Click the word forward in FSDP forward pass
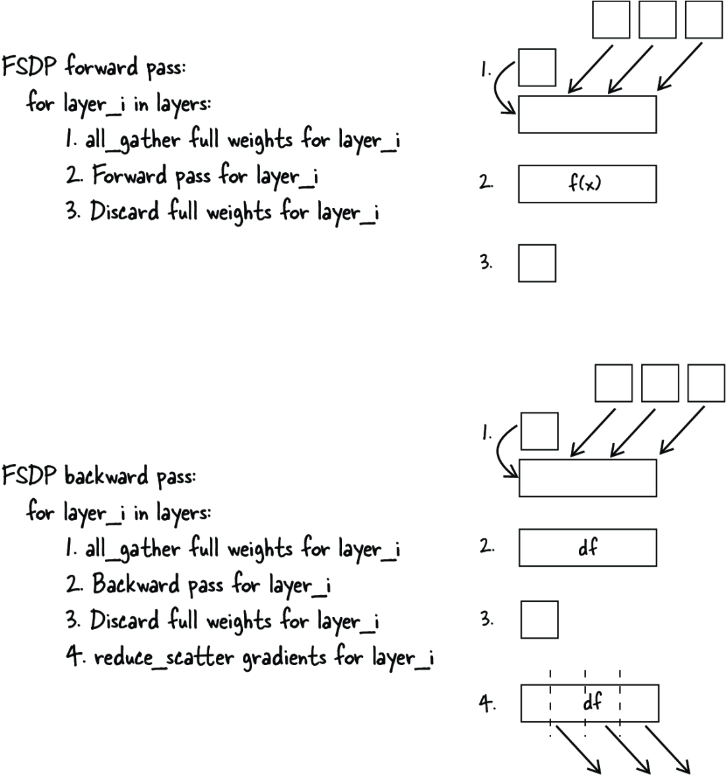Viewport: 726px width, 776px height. point(102,66)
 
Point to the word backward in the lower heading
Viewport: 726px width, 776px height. point(106,476)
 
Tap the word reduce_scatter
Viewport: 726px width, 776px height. point(164,658)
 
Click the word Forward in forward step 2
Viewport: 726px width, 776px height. point(129,176)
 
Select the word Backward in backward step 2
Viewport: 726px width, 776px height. point(135,584)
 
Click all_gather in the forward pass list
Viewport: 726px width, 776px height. point(133,140)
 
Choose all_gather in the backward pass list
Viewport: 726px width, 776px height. point(133,549)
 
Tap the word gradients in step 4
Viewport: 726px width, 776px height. point(284,659)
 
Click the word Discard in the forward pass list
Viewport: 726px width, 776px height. point(125,211)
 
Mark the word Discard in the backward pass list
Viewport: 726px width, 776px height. point(125,620)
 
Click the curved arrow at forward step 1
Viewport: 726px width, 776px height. point(496,88)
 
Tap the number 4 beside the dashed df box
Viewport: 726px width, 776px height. point(486,703)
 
